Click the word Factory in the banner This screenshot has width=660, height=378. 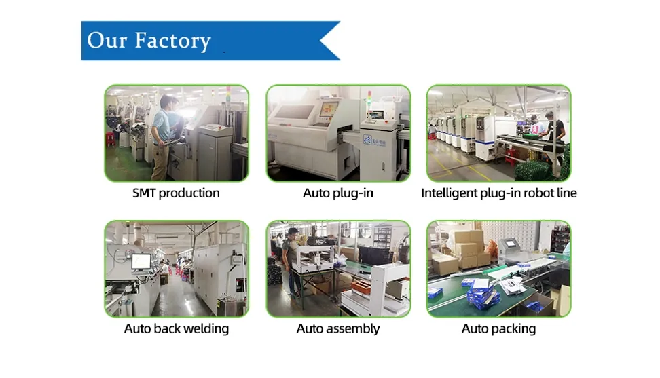pyautogui.click(x=172, y=40)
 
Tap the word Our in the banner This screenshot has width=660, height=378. pyautogui.click(x=107, y=40)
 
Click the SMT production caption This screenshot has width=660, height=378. pyautogui.click(x=176, y=193)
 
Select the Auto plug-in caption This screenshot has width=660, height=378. pyautogui.click(x=338, y=193)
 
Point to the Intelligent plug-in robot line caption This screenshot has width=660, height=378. pyautogui.click(x=498, y=193)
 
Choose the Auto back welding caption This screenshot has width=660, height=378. pyautogui.click(x=176, y=329)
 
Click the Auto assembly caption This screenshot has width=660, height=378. pyautogui.click(x=338, y=329)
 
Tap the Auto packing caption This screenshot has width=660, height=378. pyautogui.click(x=498, y=329)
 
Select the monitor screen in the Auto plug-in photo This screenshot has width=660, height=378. pyautogui.click(x=329, y=109)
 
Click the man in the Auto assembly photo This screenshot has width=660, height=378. pyautogui.click(x=291, y=261)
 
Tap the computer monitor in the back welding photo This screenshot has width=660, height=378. pyautogui.click(x=141, y=261)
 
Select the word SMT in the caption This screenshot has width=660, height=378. pyautogui.click(x=145, y=193)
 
